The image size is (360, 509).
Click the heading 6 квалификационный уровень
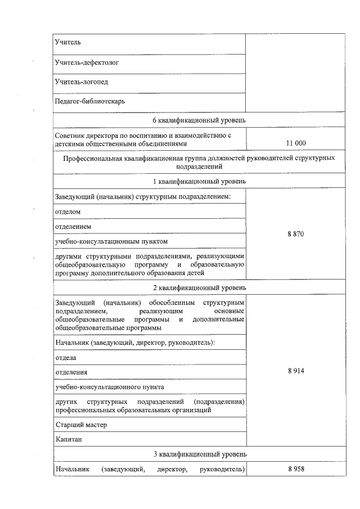tap(199, 120)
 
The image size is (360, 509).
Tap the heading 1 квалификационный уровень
tap(199, 181)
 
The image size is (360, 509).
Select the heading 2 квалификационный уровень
tap(199, 287)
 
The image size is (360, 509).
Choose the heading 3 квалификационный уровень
tap(199, 454)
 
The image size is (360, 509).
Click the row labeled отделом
tap(68, 211)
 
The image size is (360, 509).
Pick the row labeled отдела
tap(65, 357)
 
